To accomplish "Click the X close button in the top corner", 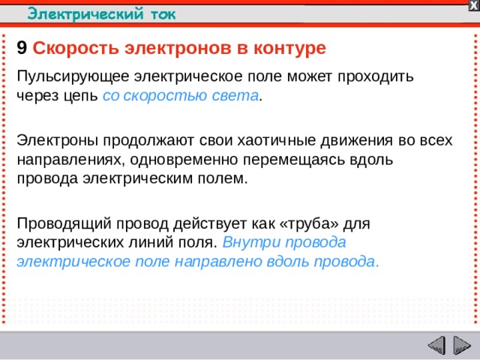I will (x=473, y=5).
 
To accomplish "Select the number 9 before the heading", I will (x=22, y=49).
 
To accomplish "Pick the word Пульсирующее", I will (x=73, y=76).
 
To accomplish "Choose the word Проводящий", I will (x=60, y=223).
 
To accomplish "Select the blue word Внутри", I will (x=250, y=243).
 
